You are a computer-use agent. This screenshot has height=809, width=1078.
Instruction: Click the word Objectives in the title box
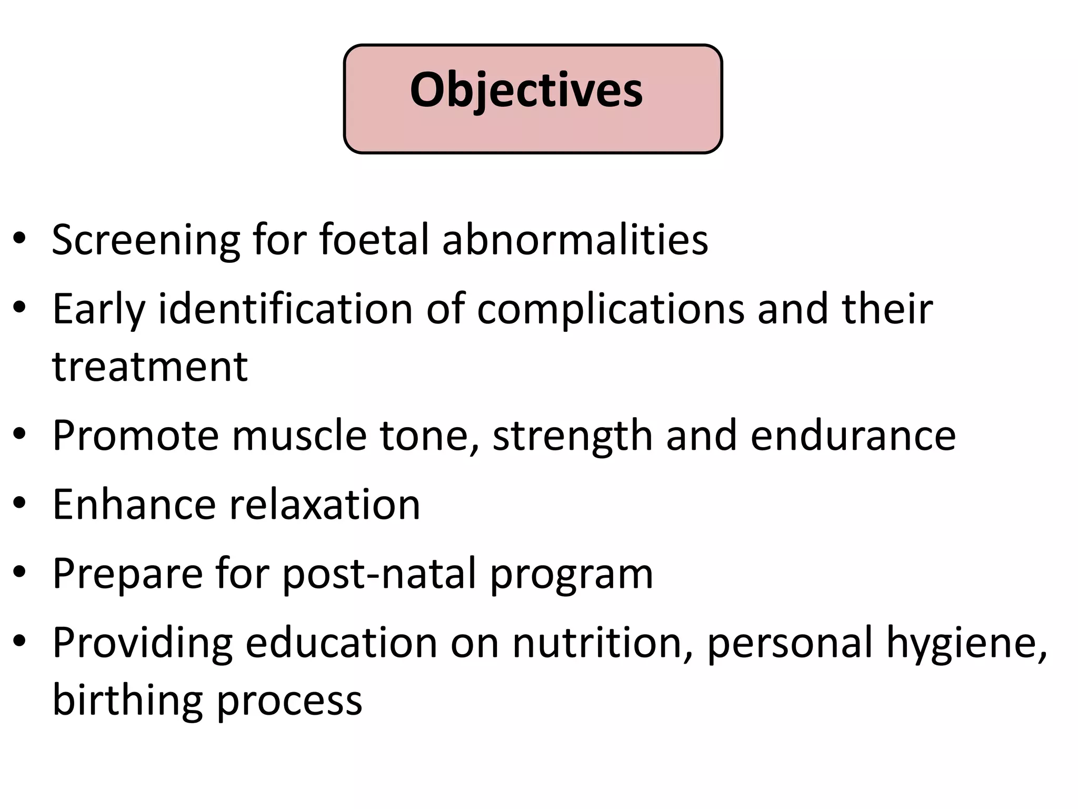click(x=526, y=91)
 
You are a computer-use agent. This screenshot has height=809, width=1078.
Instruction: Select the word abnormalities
click(x=575, y=240)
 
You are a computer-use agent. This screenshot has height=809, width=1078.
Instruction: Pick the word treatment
click(x=150, y=367)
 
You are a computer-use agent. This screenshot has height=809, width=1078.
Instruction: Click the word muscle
click(x=299, y=436)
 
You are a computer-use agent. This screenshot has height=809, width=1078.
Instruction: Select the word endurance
click(x=853, y=436)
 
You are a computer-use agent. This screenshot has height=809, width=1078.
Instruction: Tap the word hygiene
click(x=966, y=644)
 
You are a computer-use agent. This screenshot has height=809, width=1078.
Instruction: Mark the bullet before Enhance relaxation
click(x=20, y=504)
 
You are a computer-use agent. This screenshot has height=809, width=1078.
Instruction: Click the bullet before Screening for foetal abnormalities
click(x=20, y=239)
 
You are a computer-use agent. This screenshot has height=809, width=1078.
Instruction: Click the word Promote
click(x=135, y=436)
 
